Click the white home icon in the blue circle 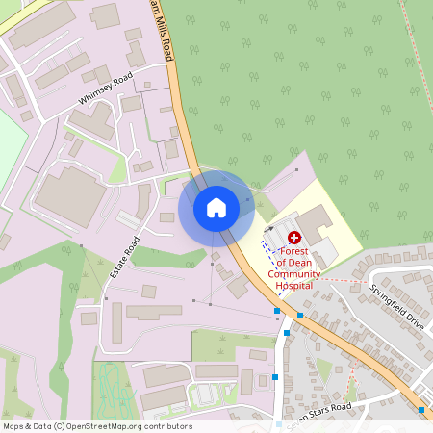click(216, 207)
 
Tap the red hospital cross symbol click(294, 236)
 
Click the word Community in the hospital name click(294, 274)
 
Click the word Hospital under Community click(294, 286)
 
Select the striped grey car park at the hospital click(277, 234)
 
